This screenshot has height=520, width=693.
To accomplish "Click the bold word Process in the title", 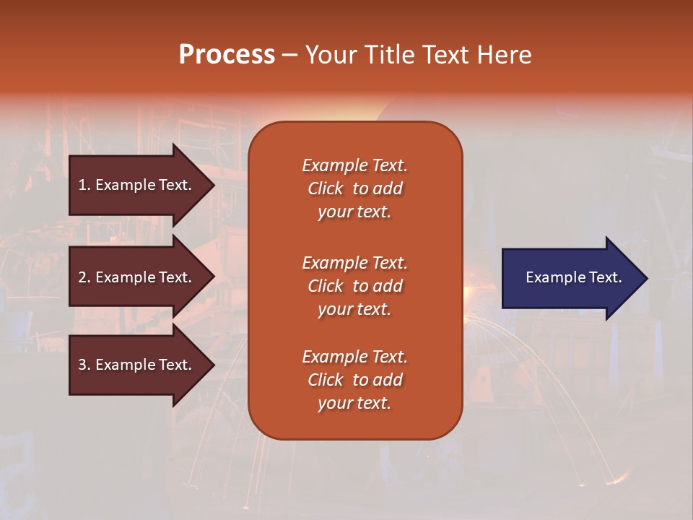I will click(227, 55).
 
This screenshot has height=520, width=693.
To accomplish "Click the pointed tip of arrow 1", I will click(212, 185).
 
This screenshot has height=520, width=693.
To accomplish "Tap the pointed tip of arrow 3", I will click(212, 365).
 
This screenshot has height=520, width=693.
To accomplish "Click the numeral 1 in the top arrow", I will click(82, 185).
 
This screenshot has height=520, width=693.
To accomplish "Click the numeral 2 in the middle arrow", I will click(82, 277).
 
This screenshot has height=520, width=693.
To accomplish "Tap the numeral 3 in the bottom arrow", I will click(82, 365).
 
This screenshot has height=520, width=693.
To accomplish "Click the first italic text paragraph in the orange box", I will click(354, 188).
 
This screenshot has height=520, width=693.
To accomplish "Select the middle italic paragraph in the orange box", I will click(354, 286).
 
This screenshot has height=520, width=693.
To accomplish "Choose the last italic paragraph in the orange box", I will click(354, 380).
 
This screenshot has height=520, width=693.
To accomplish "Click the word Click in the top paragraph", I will click(325, 188).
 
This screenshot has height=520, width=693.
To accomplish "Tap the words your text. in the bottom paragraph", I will click(354, 403).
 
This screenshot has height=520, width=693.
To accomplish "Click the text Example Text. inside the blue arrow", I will click(573, 277).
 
